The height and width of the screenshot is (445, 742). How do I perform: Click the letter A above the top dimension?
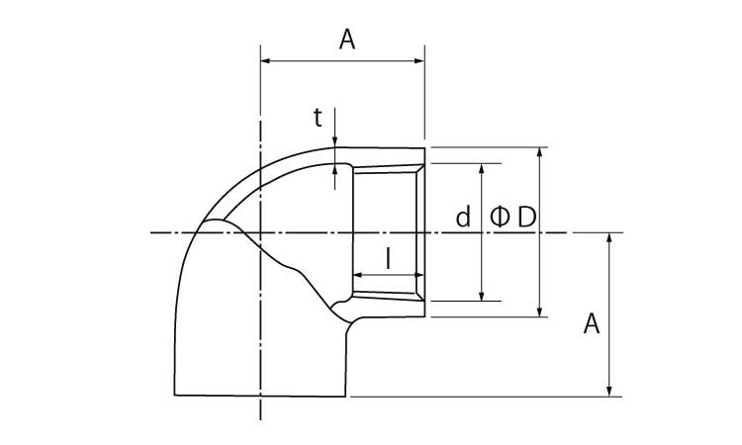point(347,40)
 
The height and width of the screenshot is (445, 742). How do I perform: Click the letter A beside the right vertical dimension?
point(591,324)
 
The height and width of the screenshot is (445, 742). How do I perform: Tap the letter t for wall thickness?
point(318,118)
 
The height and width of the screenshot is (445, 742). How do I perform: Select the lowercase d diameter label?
point(463,217)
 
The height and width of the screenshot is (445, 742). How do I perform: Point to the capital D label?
point(526,218)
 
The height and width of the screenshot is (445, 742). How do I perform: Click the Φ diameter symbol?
point(500,217)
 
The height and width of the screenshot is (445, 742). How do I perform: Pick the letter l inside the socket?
point(388,259)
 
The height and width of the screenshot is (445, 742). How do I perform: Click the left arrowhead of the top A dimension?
point(265,60)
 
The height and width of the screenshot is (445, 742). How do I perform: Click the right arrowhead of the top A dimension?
point(419,60)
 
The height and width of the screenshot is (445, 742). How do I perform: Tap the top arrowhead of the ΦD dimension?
point(539,152)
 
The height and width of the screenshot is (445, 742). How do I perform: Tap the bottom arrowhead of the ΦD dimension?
point(539,311)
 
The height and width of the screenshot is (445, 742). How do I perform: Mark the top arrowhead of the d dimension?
point(482,169)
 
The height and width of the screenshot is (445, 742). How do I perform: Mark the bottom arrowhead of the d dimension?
point(482,296)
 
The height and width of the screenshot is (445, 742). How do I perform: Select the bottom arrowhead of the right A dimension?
point(609,391)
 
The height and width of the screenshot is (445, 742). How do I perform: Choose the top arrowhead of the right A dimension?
point(609,238)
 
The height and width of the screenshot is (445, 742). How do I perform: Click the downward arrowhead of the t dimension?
point(334,142)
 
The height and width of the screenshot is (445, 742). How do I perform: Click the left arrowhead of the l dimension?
point(358,275)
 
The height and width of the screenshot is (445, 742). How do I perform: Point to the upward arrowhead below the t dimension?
point(334,169)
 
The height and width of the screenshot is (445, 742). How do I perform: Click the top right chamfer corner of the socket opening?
point(424,164)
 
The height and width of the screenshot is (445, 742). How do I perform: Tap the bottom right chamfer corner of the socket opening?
point(424,301)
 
